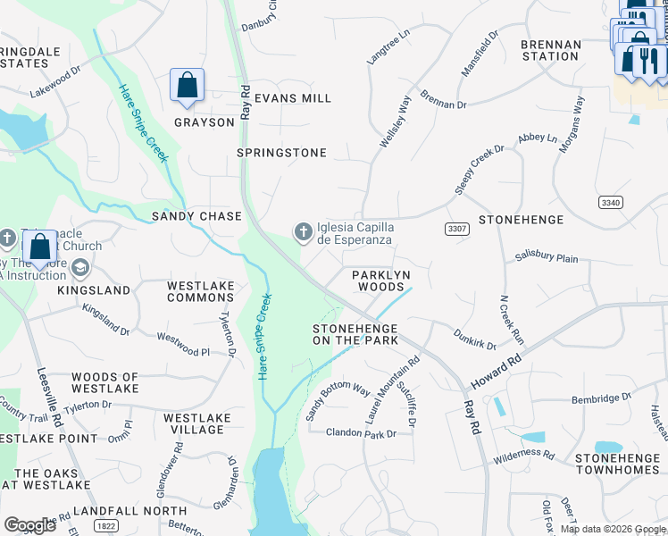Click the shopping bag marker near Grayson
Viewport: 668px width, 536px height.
[x=188, y=87]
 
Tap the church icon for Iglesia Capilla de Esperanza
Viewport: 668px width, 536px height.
[x=304, y=232]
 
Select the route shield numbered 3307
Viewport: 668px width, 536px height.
[x=457, y=230]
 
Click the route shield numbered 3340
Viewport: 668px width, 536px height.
[x=611, y=203]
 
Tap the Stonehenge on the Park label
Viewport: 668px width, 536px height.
[x=355, y=334]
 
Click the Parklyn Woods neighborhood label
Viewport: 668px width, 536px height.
[x=382, y=281]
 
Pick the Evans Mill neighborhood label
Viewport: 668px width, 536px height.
[x=292, y=98]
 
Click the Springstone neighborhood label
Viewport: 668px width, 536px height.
[x=281, y=153]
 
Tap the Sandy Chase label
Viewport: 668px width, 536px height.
[x=196, y=216]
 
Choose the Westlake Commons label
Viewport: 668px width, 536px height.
[x=201, y=291]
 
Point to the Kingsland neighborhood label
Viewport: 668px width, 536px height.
[x=94, y=290]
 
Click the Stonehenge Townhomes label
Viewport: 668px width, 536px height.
[x=618, y=463]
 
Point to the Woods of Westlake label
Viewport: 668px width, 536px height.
[x=104, y=383]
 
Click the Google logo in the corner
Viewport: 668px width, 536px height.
[x=30, y=524]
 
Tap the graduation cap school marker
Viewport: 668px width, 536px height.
[x=80, y=267]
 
